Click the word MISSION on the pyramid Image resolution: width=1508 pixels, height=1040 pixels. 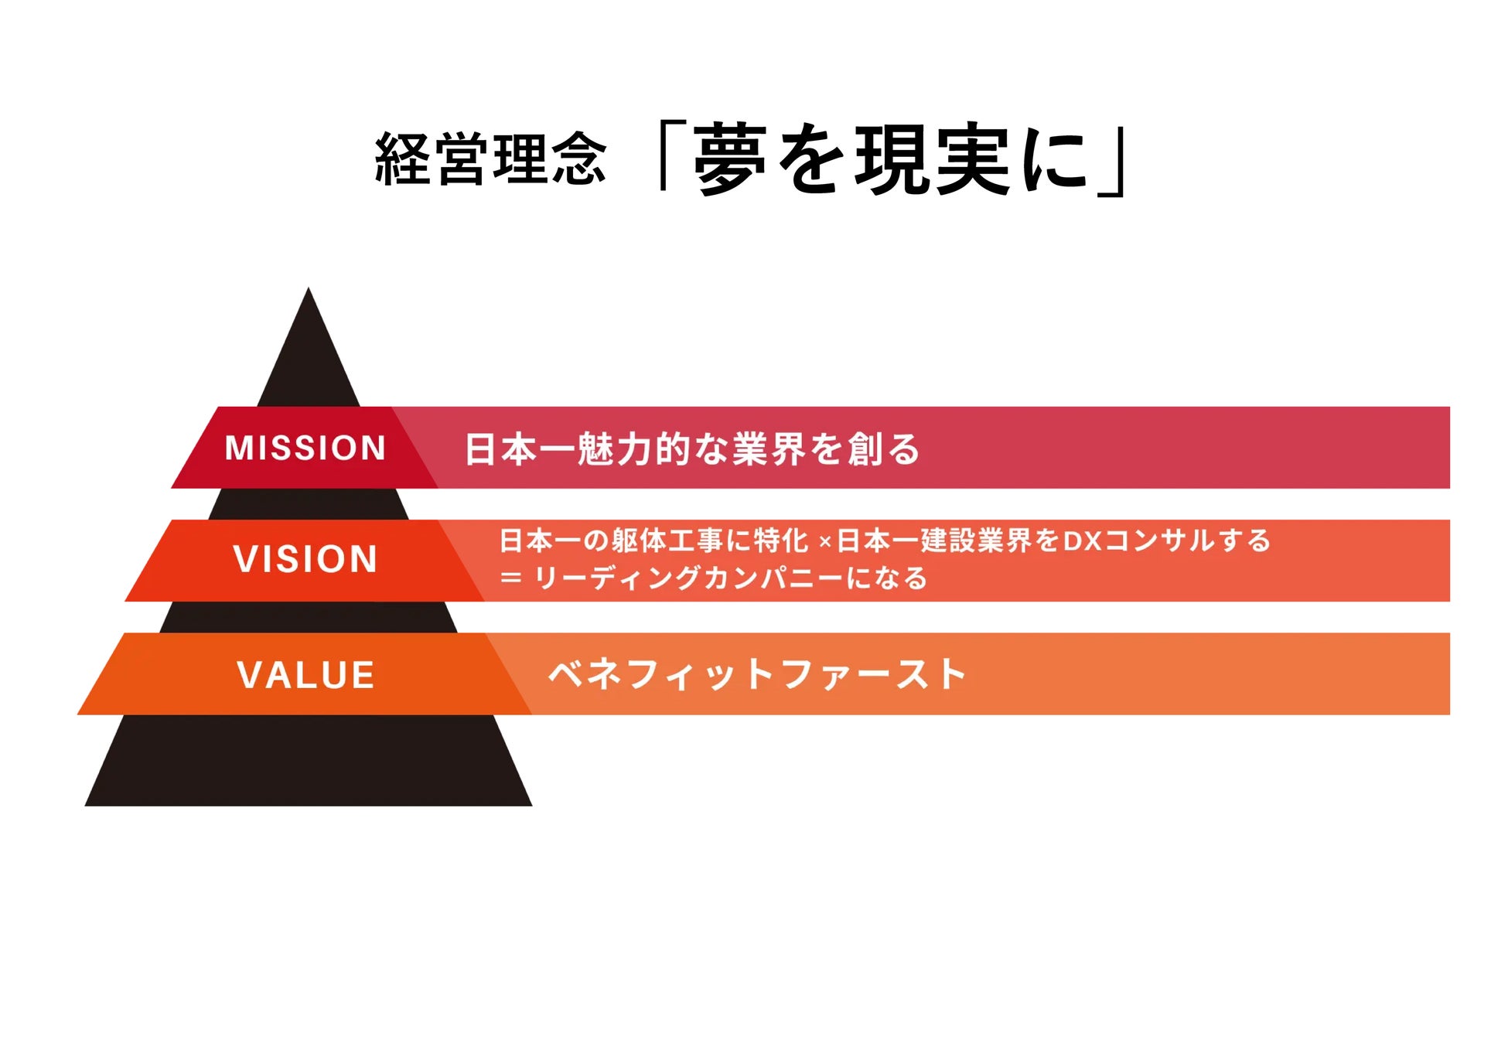click(x=305, y=448)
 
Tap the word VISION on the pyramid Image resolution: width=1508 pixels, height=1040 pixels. click(x=305, y=559)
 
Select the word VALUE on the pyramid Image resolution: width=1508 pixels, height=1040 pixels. click(x=306, y=675)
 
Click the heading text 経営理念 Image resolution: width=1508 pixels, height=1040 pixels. click(x=490, y=159)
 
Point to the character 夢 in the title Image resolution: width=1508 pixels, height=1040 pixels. click(x=730, y=159)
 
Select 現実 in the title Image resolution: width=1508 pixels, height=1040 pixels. click(x=932, y=159)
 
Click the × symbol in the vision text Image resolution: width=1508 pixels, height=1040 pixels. click(x=824, y=542)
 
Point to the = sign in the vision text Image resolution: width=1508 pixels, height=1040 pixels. click(x=510, y=578)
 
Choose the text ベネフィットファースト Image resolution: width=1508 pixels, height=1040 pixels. click(x=757, y=674)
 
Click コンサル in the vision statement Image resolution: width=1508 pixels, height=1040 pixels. click(x=1158, y=540)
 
